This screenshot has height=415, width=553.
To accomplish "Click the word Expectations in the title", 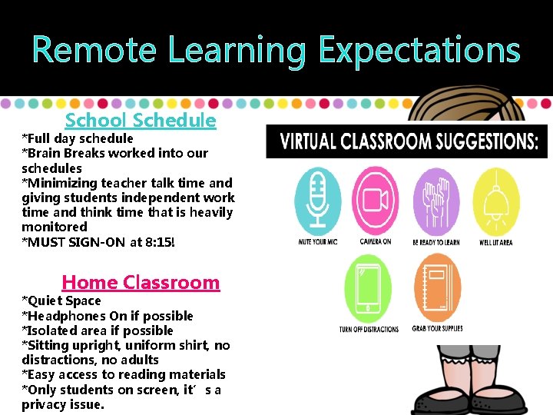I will click(x=419, y=50).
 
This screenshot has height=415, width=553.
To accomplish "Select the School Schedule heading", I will click(x=141, y=120).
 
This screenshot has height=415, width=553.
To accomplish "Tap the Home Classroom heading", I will click(x=141, y=282).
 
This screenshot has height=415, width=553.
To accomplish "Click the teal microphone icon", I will click(x=318, y=201).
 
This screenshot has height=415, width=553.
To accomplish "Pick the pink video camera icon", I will click(x=375, y=201).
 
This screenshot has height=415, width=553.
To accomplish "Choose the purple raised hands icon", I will click(x=436, y=201).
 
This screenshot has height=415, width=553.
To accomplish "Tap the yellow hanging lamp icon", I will click(x=496, y=201).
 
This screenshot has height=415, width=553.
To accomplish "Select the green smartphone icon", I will click(x=369, y=288).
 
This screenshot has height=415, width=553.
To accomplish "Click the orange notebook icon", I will click(x=438, y=288).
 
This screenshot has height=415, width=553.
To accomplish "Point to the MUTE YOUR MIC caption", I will click(x=318, y=242).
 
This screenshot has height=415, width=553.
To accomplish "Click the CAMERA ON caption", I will click(x=376, y=242).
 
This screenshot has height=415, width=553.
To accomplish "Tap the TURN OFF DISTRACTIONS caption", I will click(x=369, y=329).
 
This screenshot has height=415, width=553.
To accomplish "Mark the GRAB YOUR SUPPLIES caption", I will click(x=438, y=329).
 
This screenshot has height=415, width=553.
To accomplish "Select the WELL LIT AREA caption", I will click(x=496, y=242).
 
